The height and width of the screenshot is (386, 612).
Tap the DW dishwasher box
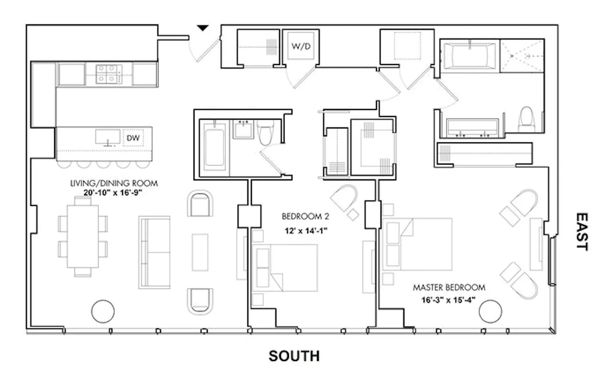click(x=133, y=138)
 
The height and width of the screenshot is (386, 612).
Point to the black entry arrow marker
click(x=202, y=28)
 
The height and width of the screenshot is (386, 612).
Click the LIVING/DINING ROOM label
click(x=114, y=183)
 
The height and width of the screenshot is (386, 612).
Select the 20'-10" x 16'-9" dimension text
click(x=114, y=192)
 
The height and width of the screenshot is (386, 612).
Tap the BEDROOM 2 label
click(x=305, y=216)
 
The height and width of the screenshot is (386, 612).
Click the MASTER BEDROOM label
click(x=449, y=288)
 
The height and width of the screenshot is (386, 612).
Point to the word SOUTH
click(x=294, y=356)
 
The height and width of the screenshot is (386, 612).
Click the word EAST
click(x=581, y=231)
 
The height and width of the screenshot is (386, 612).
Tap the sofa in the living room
click(x=155, y=252)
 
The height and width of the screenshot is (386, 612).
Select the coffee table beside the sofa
click(x=200, y=252)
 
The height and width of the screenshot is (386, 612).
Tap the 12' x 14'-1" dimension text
click(x=305, y=232)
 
